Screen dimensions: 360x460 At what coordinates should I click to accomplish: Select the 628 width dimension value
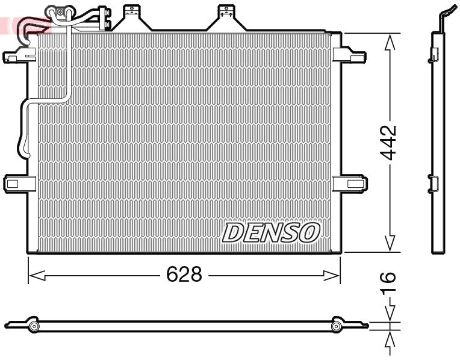point(184,275)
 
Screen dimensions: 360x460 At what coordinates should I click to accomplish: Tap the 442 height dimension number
point(390,143)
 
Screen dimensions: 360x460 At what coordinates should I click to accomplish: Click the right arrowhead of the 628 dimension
point(332,275)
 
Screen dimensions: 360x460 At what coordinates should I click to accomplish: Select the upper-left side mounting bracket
point(17,55)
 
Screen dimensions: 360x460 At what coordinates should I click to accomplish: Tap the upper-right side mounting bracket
point(349,54)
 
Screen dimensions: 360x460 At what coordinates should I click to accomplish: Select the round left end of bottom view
point(34,326)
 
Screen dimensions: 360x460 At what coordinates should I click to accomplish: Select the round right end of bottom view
point(337,326)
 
